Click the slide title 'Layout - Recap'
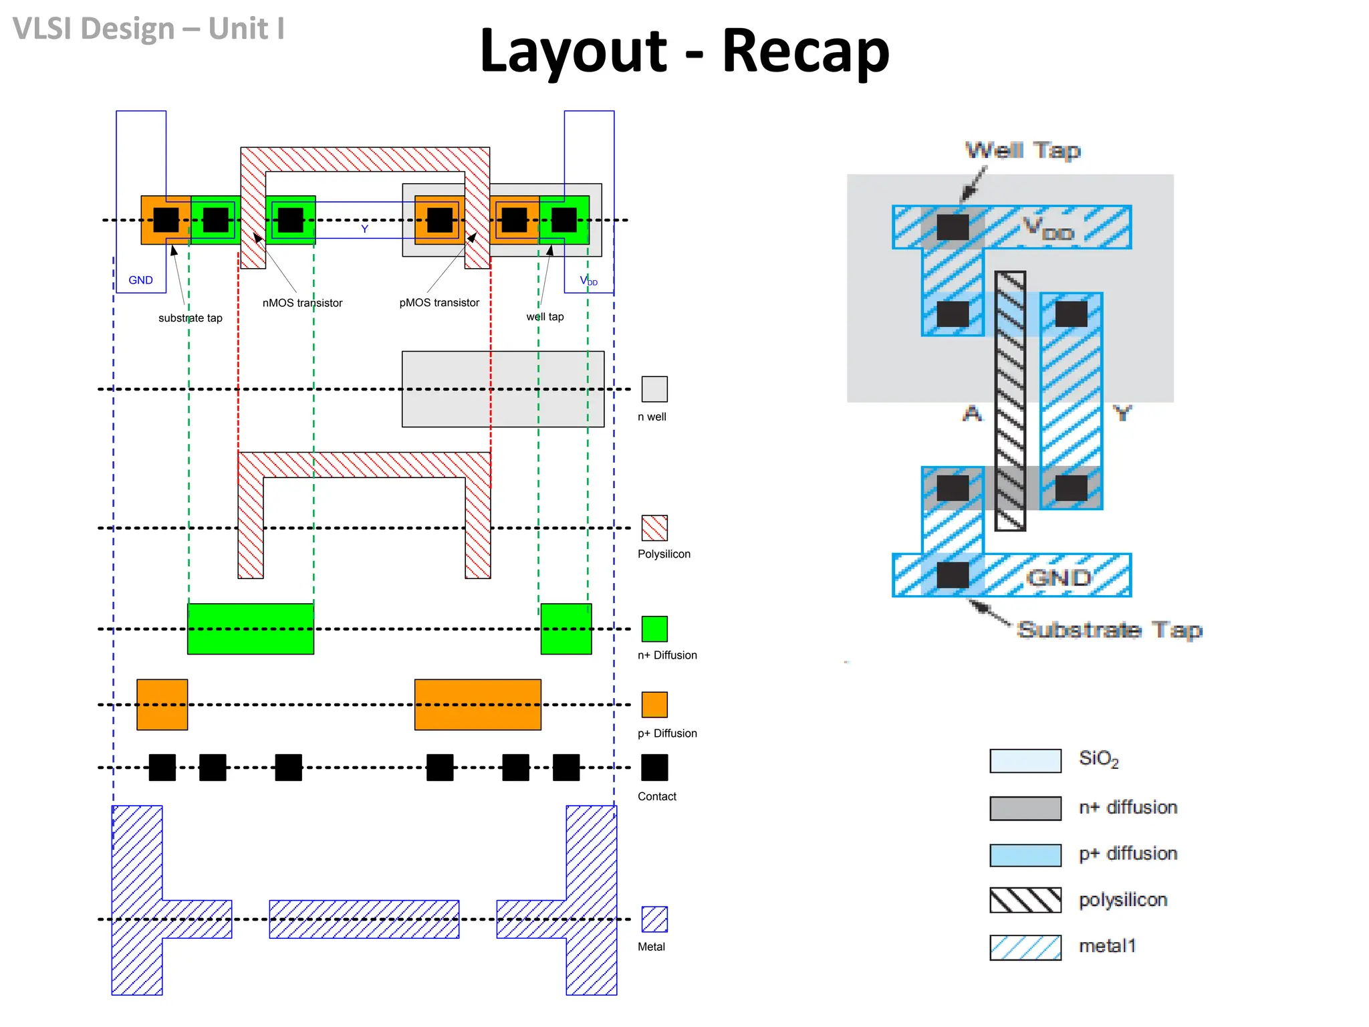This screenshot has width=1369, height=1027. pyautogui.click(x=684, y=51)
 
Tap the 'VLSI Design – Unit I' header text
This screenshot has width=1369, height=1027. pyautogui.click(x=148, y=29)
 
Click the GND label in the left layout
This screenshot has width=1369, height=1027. pyautogui.click(x=140, y=280)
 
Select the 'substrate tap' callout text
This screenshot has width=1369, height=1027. pyautogui.click(x=190, y=318)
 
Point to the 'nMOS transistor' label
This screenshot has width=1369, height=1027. pyautogui.click(x=302, y=303)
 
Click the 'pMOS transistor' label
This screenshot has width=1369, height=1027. pyautogui.click(x=439, y=303)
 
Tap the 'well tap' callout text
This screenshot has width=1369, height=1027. pyautogui.click(x=545, y=317)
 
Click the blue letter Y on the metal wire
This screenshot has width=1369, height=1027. pyautogui.click(x=364, y=229)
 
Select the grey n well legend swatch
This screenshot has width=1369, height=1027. pyautogui.click(x=654, y=389)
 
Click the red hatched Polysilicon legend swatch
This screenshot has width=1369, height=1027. pyautogui.click(x=654, y=528)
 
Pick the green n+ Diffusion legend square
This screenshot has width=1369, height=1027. pyautogui.click(x=654, y=629)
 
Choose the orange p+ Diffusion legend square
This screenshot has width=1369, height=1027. pyautogui.click(x=654, y=704)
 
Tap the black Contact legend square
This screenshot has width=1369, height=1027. pyautogui.click(x=654, y=767)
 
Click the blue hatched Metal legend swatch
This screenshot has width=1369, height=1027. pyautogui.click(x=654, y=919)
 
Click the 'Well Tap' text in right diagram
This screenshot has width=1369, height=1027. pyautogui.click(x=1023, y=150)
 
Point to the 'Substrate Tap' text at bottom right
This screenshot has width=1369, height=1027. pyautogui.click(x=1110, y=630)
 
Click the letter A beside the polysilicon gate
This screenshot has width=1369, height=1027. pyautogui.click(x=973, y=414)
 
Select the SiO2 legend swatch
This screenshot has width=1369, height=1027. pyautogui.click(x=1025, y=761)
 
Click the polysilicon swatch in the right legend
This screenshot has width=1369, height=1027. pyautogui.click(x=1025, y=900)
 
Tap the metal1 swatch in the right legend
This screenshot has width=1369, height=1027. pyautogui.click(x=1025, y=947)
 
